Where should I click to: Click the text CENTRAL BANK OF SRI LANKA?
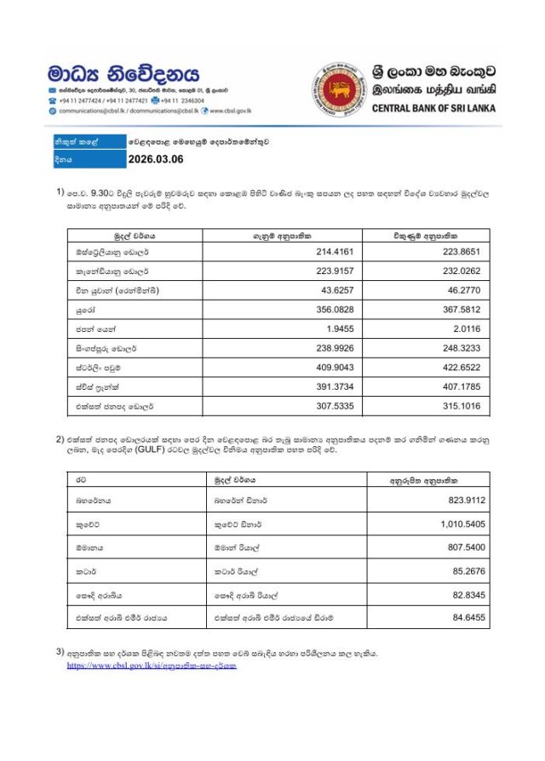coord(433,108)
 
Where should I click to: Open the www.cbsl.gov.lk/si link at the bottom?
coord(152,665)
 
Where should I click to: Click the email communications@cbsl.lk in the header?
coord(93,111)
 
